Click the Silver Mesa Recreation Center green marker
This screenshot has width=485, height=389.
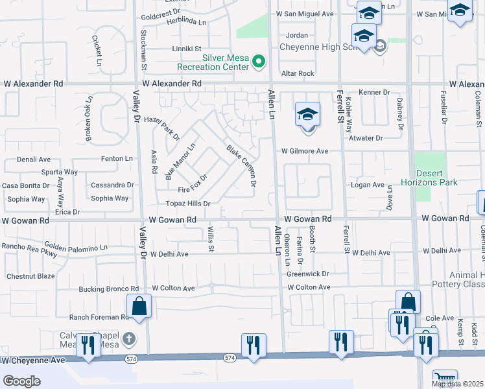[259, 62]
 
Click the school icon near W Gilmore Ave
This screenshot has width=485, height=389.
[307, 115]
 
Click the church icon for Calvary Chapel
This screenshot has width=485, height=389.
[129, 338]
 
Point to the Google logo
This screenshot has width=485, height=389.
[22, 381]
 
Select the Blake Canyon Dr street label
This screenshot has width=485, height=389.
[242, 167]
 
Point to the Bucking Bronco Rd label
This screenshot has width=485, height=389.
[109, 289]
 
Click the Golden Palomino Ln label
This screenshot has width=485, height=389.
[76, 247]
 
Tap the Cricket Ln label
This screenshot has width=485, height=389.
[97, 51]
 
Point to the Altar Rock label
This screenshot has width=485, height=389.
[298, 73]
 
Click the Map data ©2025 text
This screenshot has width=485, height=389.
[458, 384]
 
